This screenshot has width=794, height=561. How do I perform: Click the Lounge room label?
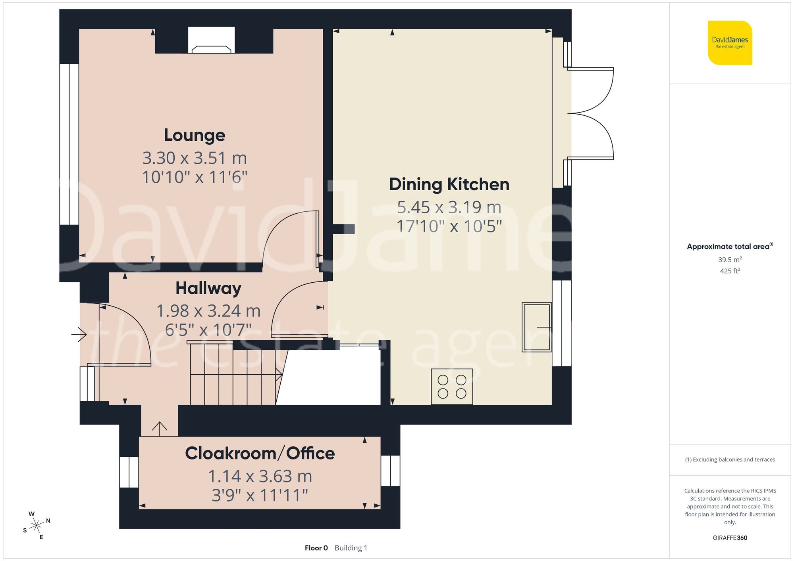[x=195, y=136]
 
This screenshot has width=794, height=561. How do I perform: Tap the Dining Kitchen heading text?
[x=449, y=185]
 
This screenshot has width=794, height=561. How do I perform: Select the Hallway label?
[x=208, y=288]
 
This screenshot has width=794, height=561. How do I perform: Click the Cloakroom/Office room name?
[x=260, y=454]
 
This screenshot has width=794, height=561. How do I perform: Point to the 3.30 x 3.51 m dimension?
[x=195, y=158]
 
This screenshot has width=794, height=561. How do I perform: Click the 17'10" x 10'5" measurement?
[x=449, y=226]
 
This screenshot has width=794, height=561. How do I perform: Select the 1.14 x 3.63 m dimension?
[x=260, y=477]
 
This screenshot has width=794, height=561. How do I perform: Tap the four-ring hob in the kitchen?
[x=452, y=387]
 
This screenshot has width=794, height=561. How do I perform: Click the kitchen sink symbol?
[x=536, y=327]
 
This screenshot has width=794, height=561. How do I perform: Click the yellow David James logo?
[x=730, y=43]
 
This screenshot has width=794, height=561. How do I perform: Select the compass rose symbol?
[x=37, y=526]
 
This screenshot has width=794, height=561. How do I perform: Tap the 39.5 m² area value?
[x=730, y=260]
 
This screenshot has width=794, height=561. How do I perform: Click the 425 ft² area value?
[x=730, y=271]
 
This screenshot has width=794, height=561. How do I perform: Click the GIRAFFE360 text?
[x=730, y=538]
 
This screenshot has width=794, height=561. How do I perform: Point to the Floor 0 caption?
[x=316, y=548]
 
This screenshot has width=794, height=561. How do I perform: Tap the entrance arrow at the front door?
[x=79, y=335]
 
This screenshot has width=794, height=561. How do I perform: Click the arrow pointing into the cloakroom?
[x=160, y=429]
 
